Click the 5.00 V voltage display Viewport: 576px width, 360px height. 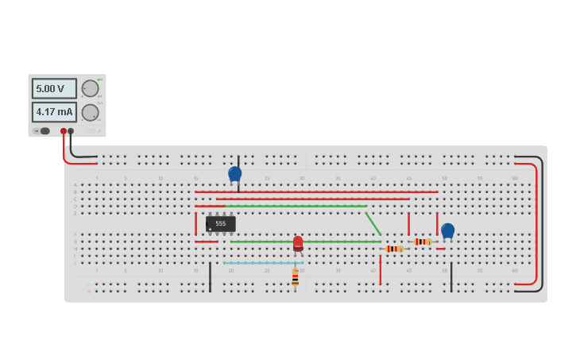[x=54, y=88]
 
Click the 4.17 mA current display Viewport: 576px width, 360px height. [x=54, y=112]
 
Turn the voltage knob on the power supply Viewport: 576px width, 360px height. [x=90, y=88]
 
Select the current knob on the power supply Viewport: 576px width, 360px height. [x=90, y=112]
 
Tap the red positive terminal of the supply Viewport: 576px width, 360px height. [x=64, y=131]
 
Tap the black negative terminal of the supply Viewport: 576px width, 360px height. [x=71, y=131]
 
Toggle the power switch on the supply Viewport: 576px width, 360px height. [x=43, y=131]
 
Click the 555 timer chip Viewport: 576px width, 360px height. [x=220, y=224]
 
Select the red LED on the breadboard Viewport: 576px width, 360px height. [x=298, y=243]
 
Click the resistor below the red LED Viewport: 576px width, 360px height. [x=295, y=277]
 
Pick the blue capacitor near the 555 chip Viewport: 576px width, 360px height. [x=234, y=173]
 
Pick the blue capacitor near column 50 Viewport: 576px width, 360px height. [x=447, y=230]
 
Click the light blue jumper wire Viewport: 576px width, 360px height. [x=262, y=262]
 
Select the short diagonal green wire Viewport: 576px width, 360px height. [x=373, y=223]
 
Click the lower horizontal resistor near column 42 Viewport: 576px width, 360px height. [x=394, y=249]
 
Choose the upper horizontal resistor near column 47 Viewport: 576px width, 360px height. [x=423, y=242]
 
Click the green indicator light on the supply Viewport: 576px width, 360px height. [x=99, y=79]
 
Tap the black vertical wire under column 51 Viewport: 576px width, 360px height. [x=451, y=277]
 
